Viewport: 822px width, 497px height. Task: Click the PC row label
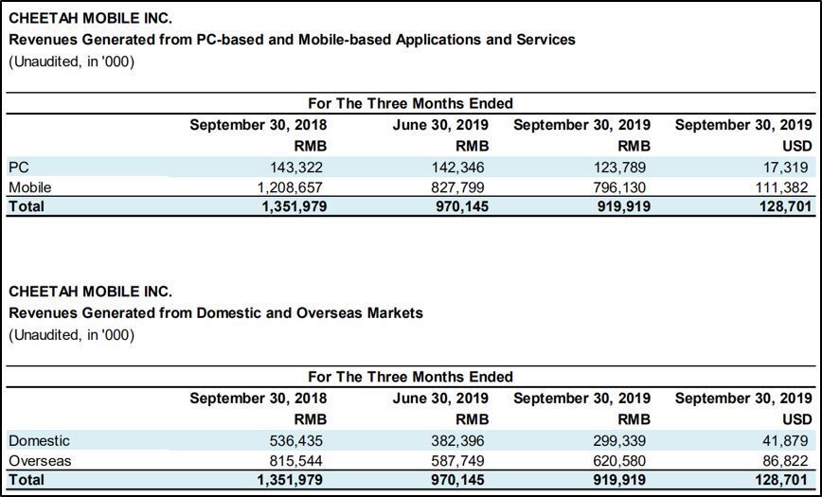[x=18, y=168]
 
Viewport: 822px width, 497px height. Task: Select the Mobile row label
[x=29, y=186]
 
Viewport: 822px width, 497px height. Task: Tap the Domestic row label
[x=39, y=441]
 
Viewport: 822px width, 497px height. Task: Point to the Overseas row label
[x=40, y=461]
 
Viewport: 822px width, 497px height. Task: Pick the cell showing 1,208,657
[x=285, y=186]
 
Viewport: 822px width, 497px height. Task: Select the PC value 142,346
[x=458, y=168]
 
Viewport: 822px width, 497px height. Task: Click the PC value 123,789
[x=619, y=168]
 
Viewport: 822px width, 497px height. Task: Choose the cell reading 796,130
[x=619, y=186]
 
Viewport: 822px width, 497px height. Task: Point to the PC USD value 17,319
[x=785, y=168]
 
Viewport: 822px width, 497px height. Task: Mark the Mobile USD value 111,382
[x=781, y=186]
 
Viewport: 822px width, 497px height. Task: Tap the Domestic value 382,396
[x=458, y=441]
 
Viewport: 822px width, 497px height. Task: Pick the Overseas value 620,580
[x=619, y=461]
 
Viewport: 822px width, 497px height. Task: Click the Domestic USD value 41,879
[x=785, y=441]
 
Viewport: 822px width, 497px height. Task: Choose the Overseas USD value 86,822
[x=785, y=461]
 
